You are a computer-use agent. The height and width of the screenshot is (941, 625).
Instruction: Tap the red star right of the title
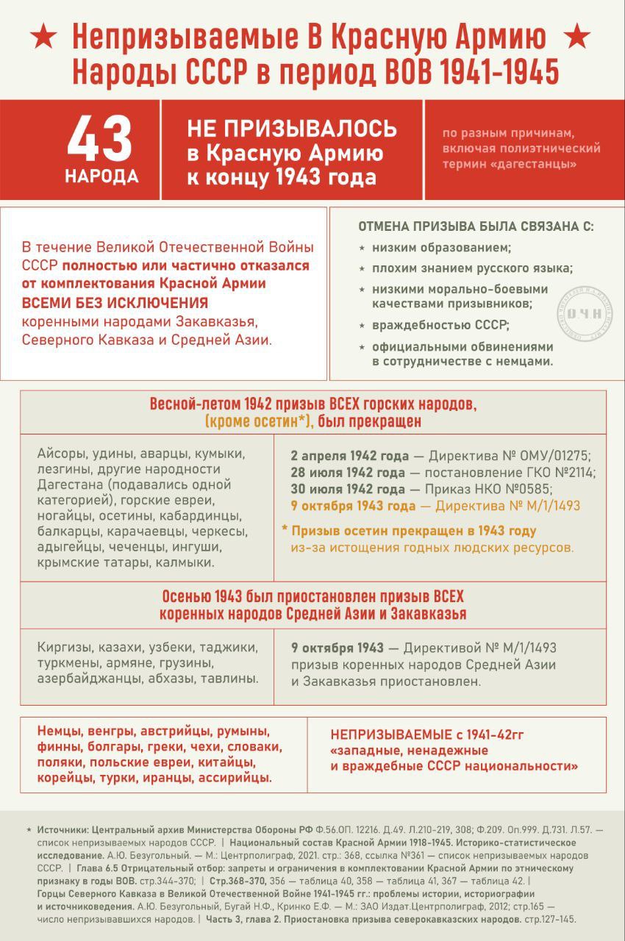click(579, 34)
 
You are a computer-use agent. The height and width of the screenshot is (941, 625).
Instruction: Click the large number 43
click(101, 140)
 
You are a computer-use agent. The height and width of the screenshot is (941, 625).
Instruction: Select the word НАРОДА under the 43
click(101, 177)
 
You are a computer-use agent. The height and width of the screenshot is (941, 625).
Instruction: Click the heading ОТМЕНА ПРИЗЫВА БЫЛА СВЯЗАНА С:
click(476, 227)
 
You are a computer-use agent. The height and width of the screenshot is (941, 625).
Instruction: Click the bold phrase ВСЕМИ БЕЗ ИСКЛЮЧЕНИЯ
click(115, 303)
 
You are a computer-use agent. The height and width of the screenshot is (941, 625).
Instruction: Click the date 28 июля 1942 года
click(348, 471)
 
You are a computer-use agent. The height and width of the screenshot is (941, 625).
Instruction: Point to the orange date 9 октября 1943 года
click(352, 506)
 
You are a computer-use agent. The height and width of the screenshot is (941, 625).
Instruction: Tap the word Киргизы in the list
click(62, 648)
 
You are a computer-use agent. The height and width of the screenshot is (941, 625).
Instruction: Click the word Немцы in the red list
click(59, 732)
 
